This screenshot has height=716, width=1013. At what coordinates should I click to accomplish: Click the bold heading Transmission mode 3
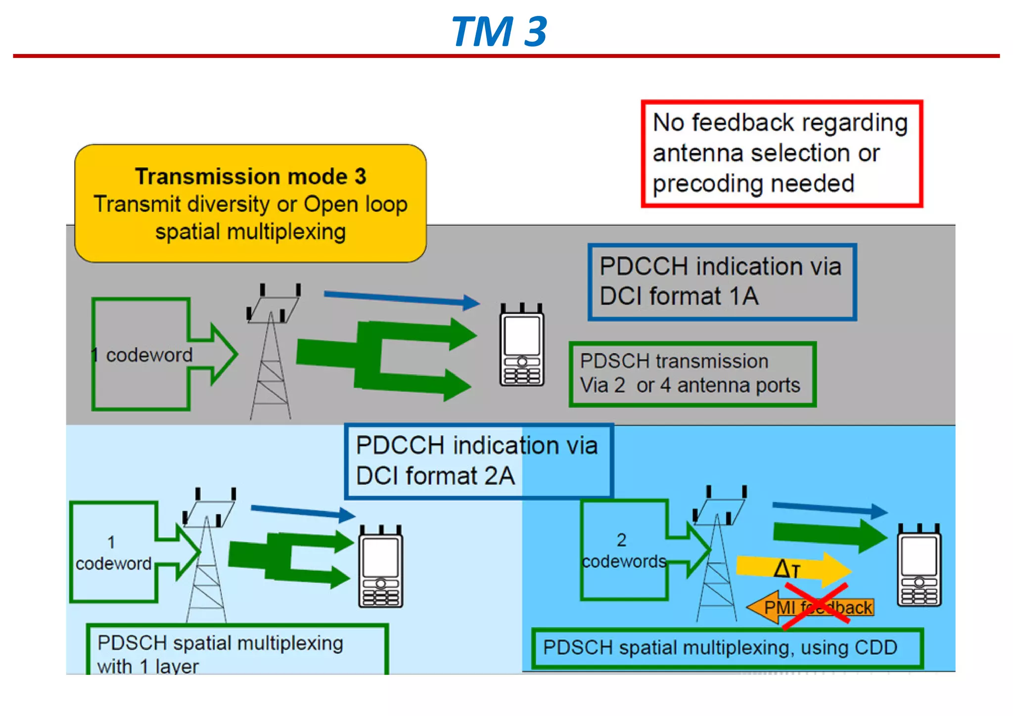[x=250, y=177]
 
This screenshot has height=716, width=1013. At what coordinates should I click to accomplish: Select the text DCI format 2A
[x=435, y=476]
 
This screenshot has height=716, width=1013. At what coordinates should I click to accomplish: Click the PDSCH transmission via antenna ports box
[x=691, y=374]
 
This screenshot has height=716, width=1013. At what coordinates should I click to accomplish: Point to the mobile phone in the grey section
[x=521, y=346]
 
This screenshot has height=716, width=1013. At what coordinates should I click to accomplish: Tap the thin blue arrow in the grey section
[x=401, y=298]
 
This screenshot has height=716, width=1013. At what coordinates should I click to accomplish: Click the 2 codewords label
[x=623, y=551]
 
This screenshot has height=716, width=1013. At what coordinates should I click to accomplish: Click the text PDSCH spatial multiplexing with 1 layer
[x=220, y=653]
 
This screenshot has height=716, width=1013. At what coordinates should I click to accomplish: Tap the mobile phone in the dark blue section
[x=919, y=567]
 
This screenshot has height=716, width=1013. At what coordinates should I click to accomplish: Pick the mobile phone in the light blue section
[x=380, y=568]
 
